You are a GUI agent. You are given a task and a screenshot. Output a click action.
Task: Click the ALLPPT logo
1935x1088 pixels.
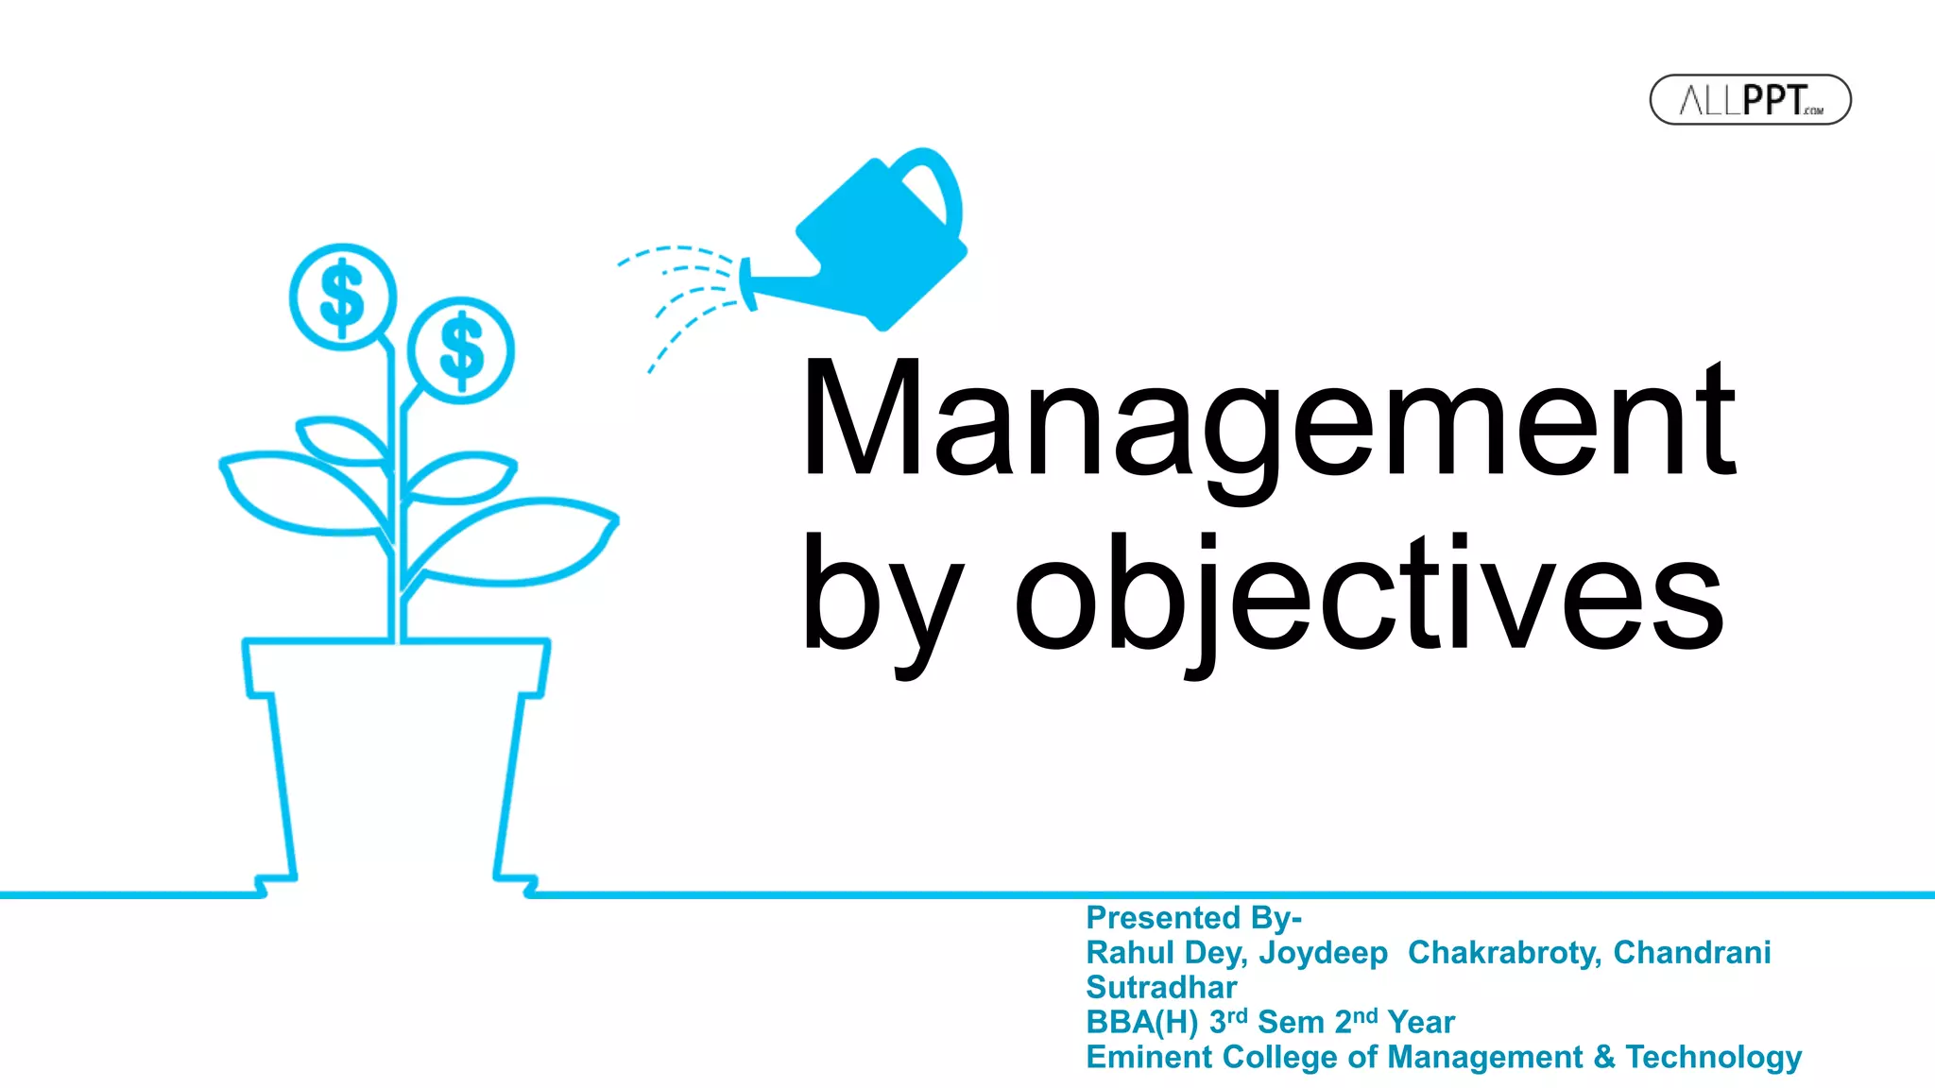click(x=1750, y=99)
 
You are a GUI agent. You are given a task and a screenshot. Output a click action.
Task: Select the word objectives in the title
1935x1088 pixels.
click(x=1370, y=595)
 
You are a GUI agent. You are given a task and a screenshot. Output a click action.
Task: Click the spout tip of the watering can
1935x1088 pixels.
click(x=747, y=283)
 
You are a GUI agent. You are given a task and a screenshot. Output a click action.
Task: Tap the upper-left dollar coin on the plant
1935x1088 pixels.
click(x=342, y=297)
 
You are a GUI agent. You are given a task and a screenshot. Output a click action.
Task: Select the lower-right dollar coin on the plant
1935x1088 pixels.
click(x=461, y=350)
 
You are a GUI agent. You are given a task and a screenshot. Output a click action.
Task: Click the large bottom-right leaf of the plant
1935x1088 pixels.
click(x=515, y=543)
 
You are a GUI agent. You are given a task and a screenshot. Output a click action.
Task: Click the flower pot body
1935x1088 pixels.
click(x=396, y=756)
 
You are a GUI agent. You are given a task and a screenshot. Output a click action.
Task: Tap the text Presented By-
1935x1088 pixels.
click(x=1193, y=917)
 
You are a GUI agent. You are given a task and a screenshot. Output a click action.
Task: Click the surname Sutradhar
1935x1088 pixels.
click(x=1161, y=987)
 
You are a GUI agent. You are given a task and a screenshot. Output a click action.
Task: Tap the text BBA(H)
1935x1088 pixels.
click(x=1142, y=1022)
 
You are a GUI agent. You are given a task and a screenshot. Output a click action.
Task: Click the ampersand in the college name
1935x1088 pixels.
click(x=1603, y=1057)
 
